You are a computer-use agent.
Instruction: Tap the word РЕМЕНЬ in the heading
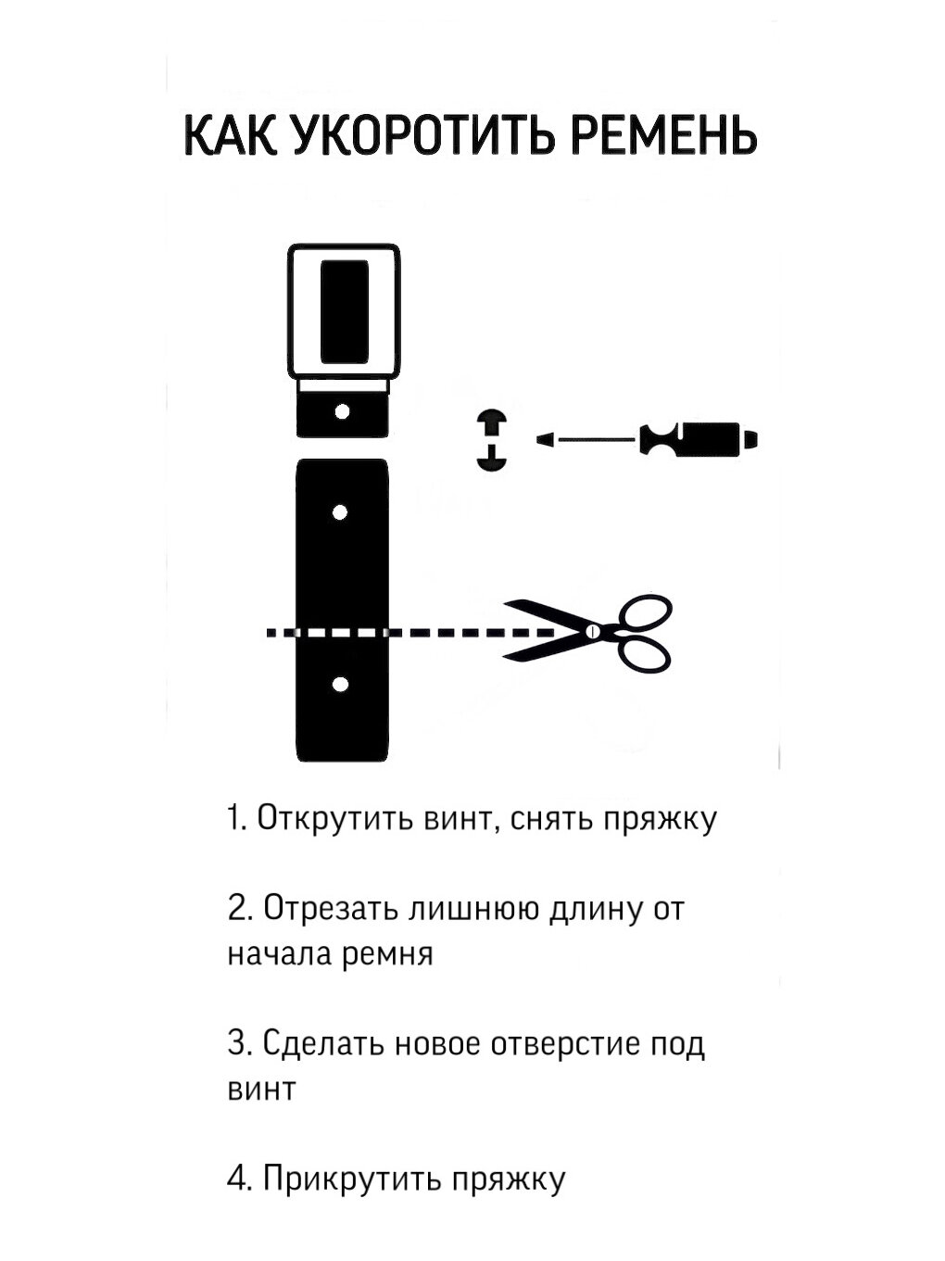tap(660, 136)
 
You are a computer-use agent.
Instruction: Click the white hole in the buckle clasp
tap(342, 410)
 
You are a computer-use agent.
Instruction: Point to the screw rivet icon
tap(492, 439)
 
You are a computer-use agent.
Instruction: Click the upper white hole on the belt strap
tap(340, 511)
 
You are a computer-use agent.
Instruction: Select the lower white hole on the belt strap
tap(340, 685)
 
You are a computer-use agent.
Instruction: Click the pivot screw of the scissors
tap(590, 632)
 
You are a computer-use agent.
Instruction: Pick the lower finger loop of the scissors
tap(642, 654)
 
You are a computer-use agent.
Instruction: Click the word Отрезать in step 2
tap(329, 909)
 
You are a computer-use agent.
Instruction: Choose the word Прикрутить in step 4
tap(349, 1179)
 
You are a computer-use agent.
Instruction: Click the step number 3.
tap(237, 1044)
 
